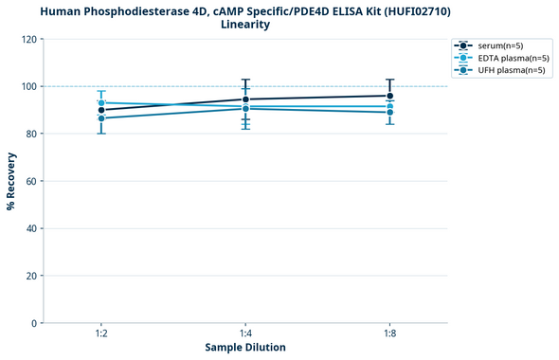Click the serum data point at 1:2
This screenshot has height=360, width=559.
coord(101,110)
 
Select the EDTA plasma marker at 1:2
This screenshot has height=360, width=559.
coord(101,102)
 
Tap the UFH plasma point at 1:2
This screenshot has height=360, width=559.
coord(101,117)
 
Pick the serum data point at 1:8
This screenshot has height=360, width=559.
coord(389,96)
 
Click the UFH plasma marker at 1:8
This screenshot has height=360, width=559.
coord(389,112)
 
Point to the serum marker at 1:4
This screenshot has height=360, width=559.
coord(245,99)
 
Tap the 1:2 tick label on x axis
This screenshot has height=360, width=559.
coord(101,333)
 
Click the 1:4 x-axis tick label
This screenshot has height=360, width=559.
coord(245,333)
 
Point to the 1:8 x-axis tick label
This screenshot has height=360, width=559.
coord(389,333)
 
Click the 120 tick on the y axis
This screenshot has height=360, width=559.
coord(29,39)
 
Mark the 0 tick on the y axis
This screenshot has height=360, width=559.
coord(35,323)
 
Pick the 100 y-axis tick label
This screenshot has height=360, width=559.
coord(29,86)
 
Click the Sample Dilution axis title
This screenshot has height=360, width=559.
coord(245,348)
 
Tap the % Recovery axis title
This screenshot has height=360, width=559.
coord(12,181)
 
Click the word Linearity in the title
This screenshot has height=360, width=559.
coord(245,24)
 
